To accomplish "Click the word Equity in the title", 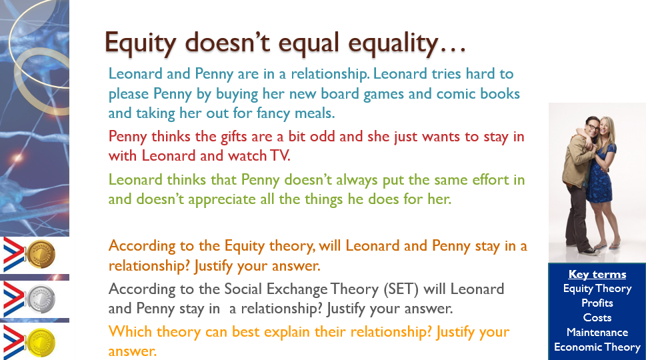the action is pos(140,43).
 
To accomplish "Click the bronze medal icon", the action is pos(41,254).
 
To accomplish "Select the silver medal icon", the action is pos(41,299).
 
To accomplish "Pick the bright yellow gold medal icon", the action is pos(41,342).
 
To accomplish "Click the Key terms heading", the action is pos(597,274).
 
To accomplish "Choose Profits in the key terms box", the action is pos(597,303).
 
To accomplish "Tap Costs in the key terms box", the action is pos(597,317).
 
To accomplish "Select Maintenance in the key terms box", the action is pos(597,332).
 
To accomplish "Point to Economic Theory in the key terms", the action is pos(597,347).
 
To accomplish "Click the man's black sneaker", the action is pos(591,251).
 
